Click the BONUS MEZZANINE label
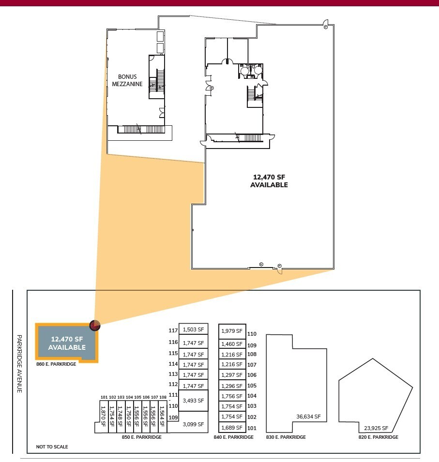pos(127,80)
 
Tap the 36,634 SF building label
pos(308,417)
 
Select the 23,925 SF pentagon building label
pos(376,428)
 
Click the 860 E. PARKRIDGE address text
pos(56,364)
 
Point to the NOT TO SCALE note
pos(52,447)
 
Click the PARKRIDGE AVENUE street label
pos(19,364)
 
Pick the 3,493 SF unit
pos(193,401)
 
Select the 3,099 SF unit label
pos(193,424)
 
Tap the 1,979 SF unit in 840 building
pos(232,331)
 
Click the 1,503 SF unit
pos(194,329)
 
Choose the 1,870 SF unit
pos(103,417)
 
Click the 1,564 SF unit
pos(162,417)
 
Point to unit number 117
pos(173,330)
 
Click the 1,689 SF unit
pos(232,428)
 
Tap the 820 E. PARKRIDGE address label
pos(378,437)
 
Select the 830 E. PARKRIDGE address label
pos(286,437)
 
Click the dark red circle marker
pos(95,326)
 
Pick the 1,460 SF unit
pos(232,344)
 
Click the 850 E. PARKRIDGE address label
pos(141,437)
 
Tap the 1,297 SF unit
pos(232,375)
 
